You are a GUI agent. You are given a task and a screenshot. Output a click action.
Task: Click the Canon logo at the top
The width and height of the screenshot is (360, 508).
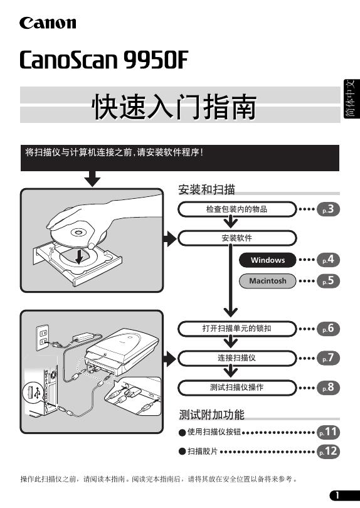pyautogui.click(x=48, y=23)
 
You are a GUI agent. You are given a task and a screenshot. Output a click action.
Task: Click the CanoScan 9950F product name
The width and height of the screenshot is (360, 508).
pyautogui.click(x=103, y=60)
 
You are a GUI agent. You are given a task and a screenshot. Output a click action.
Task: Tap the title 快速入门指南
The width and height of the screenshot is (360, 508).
pyautogui.click(x=174, y=107)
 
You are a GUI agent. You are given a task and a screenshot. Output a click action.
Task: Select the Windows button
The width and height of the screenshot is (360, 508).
pyautogui.click(x=268, y=260)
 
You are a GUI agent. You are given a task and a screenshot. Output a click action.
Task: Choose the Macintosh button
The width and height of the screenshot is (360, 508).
pyautogui.click(x=268, y=281)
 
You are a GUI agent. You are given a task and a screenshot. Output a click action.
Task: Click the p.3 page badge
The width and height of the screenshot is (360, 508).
pyautogui.click(x=328, y=209)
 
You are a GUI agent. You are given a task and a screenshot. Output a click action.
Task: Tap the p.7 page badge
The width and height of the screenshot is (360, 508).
pyautogui.click(x=328, y=358)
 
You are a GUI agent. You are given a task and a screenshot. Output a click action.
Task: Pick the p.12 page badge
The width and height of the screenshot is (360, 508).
pyautogui.click(x=328, y=452)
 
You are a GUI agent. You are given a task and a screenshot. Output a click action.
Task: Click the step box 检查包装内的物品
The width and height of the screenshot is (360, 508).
pyautogui.click(x=237, y=209)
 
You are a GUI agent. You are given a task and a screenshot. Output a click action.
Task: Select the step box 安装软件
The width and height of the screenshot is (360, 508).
pyautogui.click(x=237, y=238)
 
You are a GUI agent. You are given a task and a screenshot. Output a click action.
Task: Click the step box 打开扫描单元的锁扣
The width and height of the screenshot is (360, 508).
pyautogui.click(x=237, y=329)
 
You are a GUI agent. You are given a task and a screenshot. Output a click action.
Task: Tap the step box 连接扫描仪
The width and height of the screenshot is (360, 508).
pyautogui.click(x=237, y=358)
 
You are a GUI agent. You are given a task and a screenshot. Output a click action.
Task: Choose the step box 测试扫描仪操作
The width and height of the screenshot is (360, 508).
pyautogui.click(x=237, y=388)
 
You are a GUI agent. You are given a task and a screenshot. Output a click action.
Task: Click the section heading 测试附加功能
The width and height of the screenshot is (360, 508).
pyautogui.click(x=211, y=415)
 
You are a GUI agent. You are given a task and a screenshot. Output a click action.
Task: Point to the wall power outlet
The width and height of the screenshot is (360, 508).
pyautogui.click(x=43, y=337)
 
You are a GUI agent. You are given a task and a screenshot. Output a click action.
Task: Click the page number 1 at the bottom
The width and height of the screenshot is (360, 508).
pyautogui.click(x=337, y=495)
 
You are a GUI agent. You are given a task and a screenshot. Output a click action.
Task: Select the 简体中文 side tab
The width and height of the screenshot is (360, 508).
pyautogui.click(x=352, y=99)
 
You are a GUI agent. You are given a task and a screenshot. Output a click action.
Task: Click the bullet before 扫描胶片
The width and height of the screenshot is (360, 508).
pyautogui.click(x=183, y=452)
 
